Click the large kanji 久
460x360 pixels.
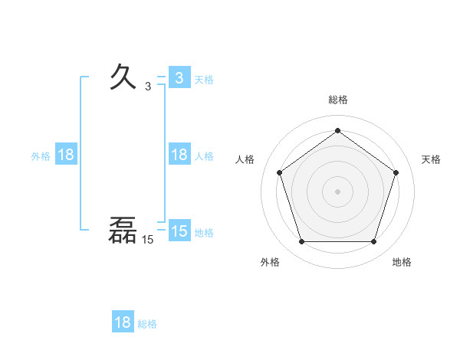(124, 77)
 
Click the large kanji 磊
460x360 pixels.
(123, 231)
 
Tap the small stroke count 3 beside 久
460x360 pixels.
(148, 87)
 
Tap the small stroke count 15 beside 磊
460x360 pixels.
(147, 240)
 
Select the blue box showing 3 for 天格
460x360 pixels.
(179, 78)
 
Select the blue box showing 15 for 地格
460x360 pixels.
(179, 231)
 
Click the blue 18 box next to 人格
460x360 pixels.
(179, 155)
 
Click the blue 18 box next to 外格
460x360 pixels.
(66, 155)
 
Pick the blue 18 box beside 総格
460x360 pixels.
(123, 322)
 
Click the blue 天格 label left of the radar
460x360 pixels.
(204, 79)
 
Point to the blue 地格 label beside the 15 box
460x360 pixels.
(204, 232)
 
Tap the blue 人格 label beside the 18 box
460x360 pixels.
(204, 155)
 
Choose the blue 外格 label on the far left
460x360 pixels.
(41, 155)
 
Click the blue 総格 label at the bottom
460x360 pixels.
(147, 323)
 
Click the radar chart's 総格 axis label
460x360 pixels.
(337, 100)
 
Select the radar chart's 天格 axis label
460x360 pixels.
(431, 159)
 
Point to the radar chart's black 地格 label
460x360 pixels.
(402, 262)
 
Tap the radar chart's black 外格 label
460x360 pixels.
(270, 262)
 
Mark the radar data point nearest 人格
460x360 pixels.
(279, 172)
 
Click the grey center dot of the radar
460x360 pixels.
(337, 191)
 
